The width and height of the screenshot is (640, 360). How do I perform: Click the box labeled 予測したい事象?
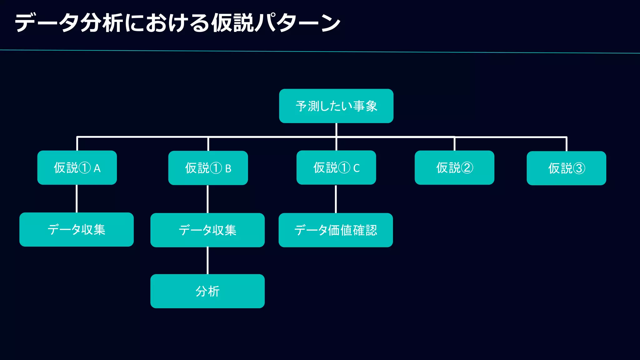(336, 106)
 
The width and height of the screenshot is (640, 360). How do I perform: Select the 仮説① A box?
(77, 168)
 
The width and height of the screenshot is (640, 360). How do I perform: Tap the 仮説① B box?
(208, 168)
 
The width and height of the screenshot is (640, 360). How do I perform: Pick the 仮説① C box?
(336, 168)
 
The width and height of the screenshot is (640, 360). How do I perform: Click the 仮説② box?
(454, 168)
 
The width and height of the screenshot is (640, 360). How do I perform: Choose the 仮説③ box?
(566, 168)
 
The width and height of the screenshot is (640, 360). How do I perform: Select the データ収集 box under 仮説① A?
(76, 230)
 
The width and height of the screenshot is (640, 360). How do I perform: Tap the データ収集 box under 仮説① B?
(207, 230)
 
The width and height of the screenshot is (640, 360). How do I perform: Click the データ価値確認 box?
(336, 230)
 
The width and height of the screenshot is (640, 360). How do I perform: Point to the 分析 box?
(207, 291)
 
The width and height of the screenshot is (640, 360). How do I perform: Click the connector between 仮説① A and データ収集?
(77, 199)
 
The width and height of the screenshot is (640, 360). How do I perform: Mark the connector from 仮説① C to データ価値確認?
(336, 199)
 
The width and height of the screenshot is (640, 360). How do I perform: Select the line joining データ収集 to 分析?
(207, 261)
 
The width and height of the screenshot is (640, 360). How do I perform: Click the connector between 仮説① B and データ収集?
(207, 199)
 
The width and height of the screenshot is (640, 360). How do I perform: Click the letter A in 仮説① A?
(97, 168)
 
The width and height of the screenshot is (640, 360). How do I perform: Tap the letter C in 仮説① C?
(357, 168)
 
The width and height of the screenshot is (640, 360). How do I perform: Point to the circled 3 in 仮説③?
(578, 168)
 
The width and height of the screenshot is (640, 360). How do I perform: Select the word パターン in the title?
(297, 23)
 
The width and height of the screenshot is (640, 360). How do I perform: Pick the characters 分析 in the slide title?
(102, 23)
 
